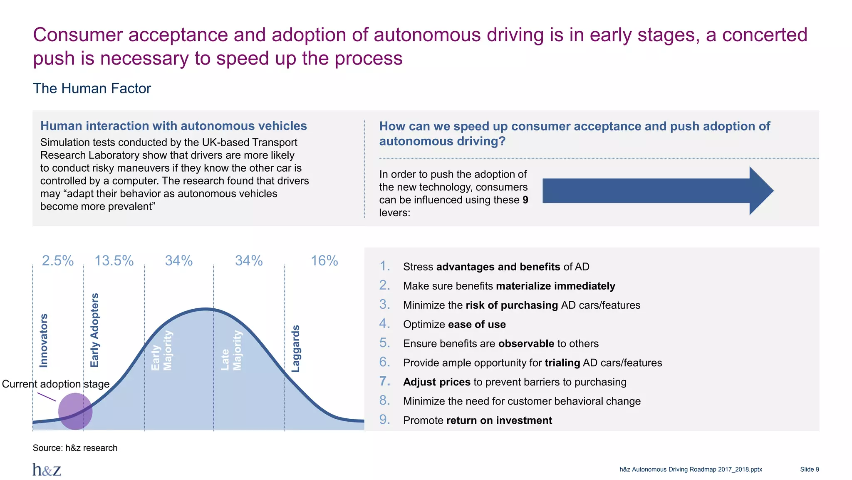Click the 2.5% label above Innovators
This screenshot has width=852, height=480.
pyautogui.click(x=58, y=261)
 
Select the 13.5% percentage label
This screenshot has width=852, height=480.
pyautogui.click(x=114, y=261)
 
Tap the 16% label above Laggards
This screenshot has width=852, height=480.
pyautogui.click(x=324, y=261)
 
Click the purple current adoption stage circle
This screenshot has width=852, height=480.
pyautogui.click(x=75, y=411)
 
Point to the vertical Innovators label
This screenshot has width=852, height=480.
pyautogui.click(x=44, y=340)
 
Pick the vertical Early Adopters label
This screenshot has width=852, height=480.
pyautogui.click(x=95, y=330)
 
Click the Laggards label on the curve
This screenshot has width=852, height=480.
pyautogui.click(x=295, y=348)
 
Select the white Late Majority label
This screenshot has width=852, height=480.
pyautogui.click(x=231, y=350)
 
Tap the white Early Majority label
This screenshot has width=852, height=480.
pyautogui.click(x=161, y=350)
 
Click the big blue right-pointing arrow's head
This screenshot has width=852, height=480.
pyautogui.click(x=760, y=191)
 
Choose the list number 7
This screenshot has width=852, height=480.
pyautogui.click(x=384, y=381)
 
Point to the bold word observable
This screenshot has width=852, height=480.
pyautogui.click(x=526, y=344)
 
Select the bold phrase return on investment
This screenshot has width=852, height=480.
pyautogui.click(x=499, y=420)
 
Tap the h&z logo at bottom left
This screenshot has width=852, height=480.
pyautogui.click(x=47, y=470)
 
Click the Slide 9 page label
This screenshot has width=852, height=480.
pyautogui.click(x=809, y=470)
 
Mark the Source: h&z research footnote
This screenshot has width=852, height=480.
pyautogui.click(x=75, y=448)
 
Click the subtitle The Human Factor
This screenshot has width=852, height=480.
pyautogui.click(x=92, y=88)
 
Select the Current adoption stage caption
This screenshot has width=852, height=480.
pyautogui.click(x=56, y=384)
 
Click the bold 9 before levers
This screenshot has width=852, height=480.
pyautogui.click(x=525, y=200)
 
